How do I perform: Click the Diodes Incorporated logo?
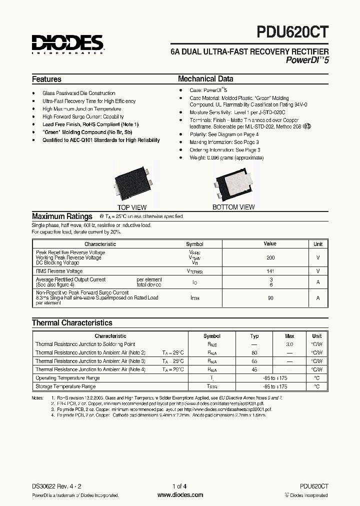click(x=67, y=44)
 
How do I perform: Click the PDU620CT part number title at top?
click(x=293, y=32)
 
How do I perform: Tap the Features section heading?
click(x=46, y=79)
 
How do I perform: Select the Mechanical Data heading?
click(x=205, y=79)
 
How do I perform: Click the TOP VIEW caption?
click(x=132, y=207)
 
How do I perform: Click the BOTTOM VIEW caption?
click(x=233, y=207)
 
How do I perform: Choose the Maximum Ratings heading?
click(x=62, y=216)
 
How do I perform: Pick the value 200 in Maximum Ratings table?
click(x=270, y=257)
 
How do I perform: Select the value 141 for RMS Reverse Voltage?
click(x=270, y=271)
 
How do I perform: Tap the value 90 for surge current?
click(x=270, y=298)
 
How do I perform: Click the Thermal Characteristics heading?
click(x=72, y=323)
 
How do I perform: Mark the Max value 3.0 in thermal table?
click(x=289, y=344)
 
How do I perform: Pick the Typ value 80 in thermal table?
click(x=254, y=353)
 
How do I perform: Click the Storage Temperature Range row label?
click(x=65, y=386)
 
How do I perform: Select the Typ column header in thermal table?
click(x=254, y=336)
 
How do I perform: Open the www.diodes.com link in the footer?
click(x=180, y=495)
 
